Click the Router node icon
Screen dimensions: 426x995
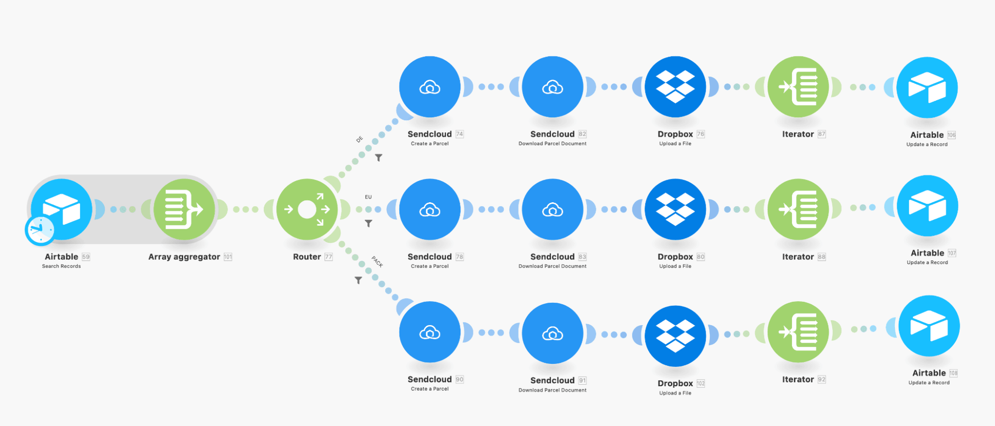(307, 209)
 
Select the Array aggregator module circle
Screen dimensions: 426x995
(184, 209)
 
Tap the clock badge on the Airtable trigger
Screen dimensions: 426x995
(40, 230)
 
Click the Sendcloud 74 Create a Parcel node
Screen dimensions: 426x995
(430, 87)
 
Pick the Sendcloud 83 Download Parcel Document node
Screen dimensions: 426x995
(553, 209)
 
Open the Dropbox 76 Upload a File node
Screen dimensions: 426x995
(675, 87)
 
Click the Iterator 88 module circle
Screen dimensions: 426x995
(798, 209)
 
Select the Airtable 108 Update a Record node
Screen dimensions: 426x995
(929, 326)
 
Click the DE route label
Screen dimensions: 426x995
(359, 140)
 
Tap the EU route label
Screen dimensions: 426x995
(368, 197)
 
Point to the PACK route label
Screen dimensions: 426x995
(377, 261)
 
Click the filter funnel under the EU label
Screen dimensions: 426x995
(368, 224)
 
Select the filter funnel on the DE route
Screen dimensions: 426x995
(379, 158)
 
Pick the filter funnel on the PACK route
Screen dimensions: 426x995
(358, 280)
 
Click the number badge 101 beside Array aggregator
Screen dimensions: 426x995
(228, 257)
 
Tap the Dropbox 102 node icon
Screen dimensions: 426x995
(675, 336)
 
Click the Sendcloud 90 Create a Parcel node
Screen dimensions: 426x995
(430, 332)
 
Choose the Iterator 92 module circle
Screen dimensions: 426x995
(798, 332)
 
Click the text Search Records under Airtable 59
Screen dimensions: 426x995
(61, 266)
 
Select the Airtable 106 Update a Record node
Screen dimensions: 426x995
(927, 87)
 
